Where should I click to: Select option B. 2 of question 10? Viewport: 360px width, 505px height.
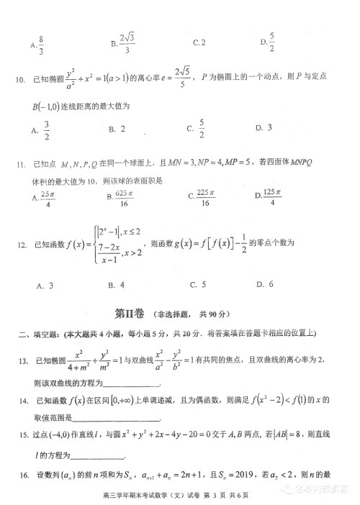[117, 129]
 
